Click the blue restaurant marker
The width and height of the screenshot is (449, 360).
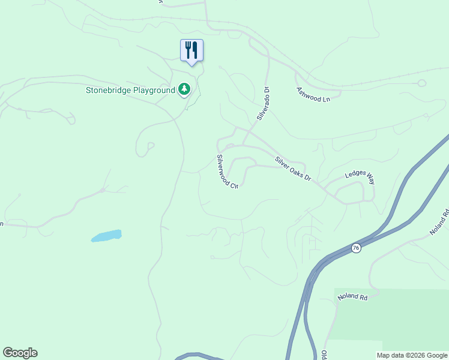[191, 50]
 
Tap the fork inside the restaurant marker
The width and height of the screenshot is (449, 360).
[188, 49]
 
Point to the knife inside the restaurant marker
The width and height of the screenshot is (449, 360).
[195, 49]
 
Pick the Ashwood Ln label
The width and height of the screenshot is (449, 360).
[313, 94]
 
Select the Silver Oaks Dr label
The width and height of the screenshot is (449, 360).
[293, 169]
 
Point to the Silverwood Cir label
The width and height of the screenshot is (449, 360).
[228, 172]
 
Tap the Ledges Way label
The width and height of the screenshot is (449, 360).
[359, 178]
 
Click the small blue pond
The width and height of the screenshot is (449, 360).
[107, 236]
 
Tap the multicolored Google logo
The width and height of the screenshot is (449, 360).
[20, 353]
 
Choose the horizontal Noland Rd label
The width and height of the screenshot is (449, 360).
[352, 296]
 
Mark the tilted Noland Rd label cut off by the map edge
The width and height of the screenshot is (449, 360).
[439, 223]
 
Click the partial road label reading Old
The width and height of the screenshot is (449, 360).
[324, 355]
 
